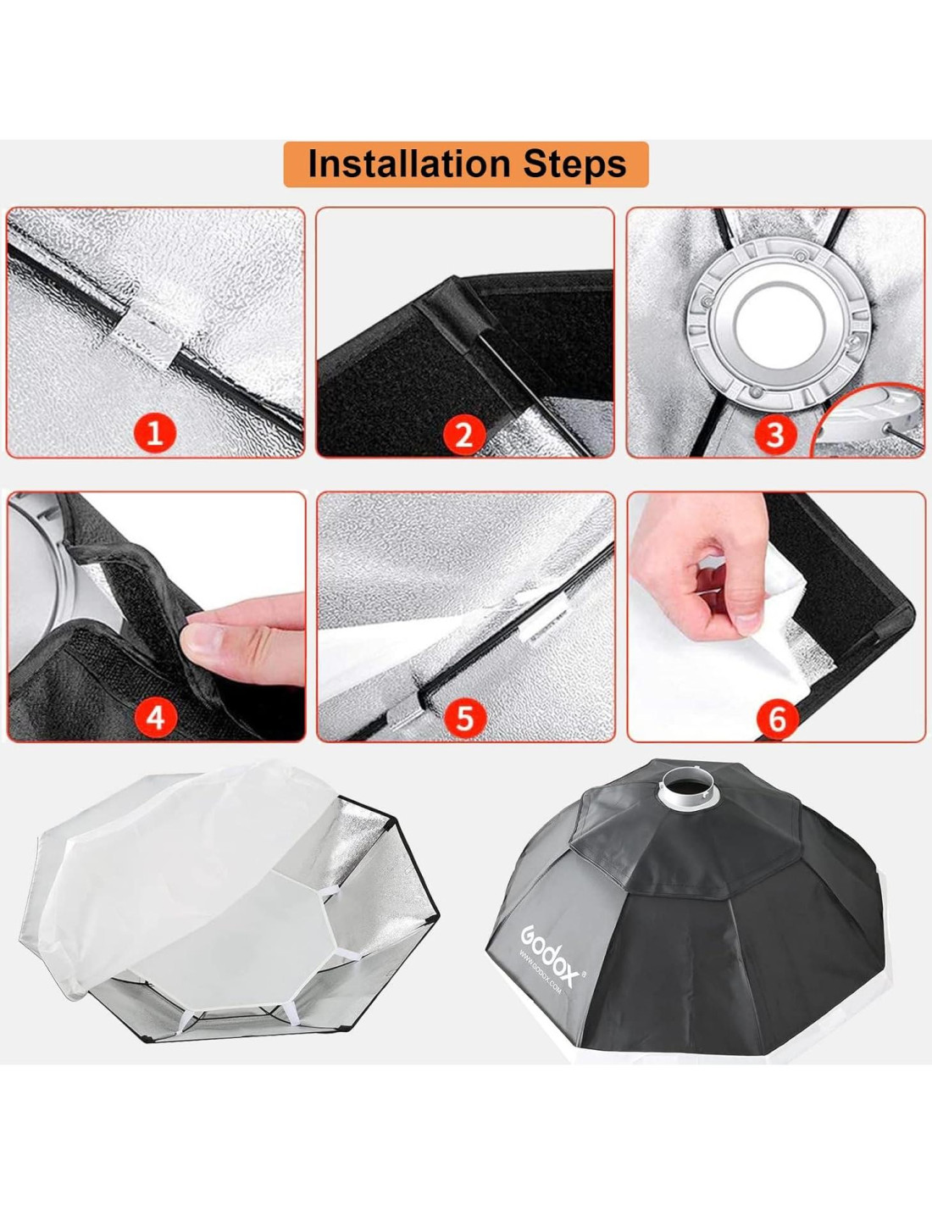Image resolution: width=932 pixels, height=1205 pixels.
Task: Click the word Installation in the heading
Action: (408, 164)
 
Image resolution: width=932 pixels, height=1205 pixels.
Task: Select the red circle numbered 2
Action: (464, 433)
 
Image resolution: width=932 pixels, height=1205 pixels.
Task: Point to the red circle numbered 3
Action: (775, 433)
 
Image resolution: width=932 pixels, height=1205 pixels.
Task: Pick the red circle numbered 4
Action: (156, 718)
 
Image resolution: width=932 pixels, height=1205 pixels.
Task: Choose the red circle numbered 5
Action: (464, 718)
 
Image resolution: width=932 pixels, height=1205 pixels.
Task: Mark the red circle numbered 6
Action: (777, 719)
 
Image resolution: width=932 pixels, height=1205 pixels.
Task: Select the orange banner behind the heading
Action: (466, 164)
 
